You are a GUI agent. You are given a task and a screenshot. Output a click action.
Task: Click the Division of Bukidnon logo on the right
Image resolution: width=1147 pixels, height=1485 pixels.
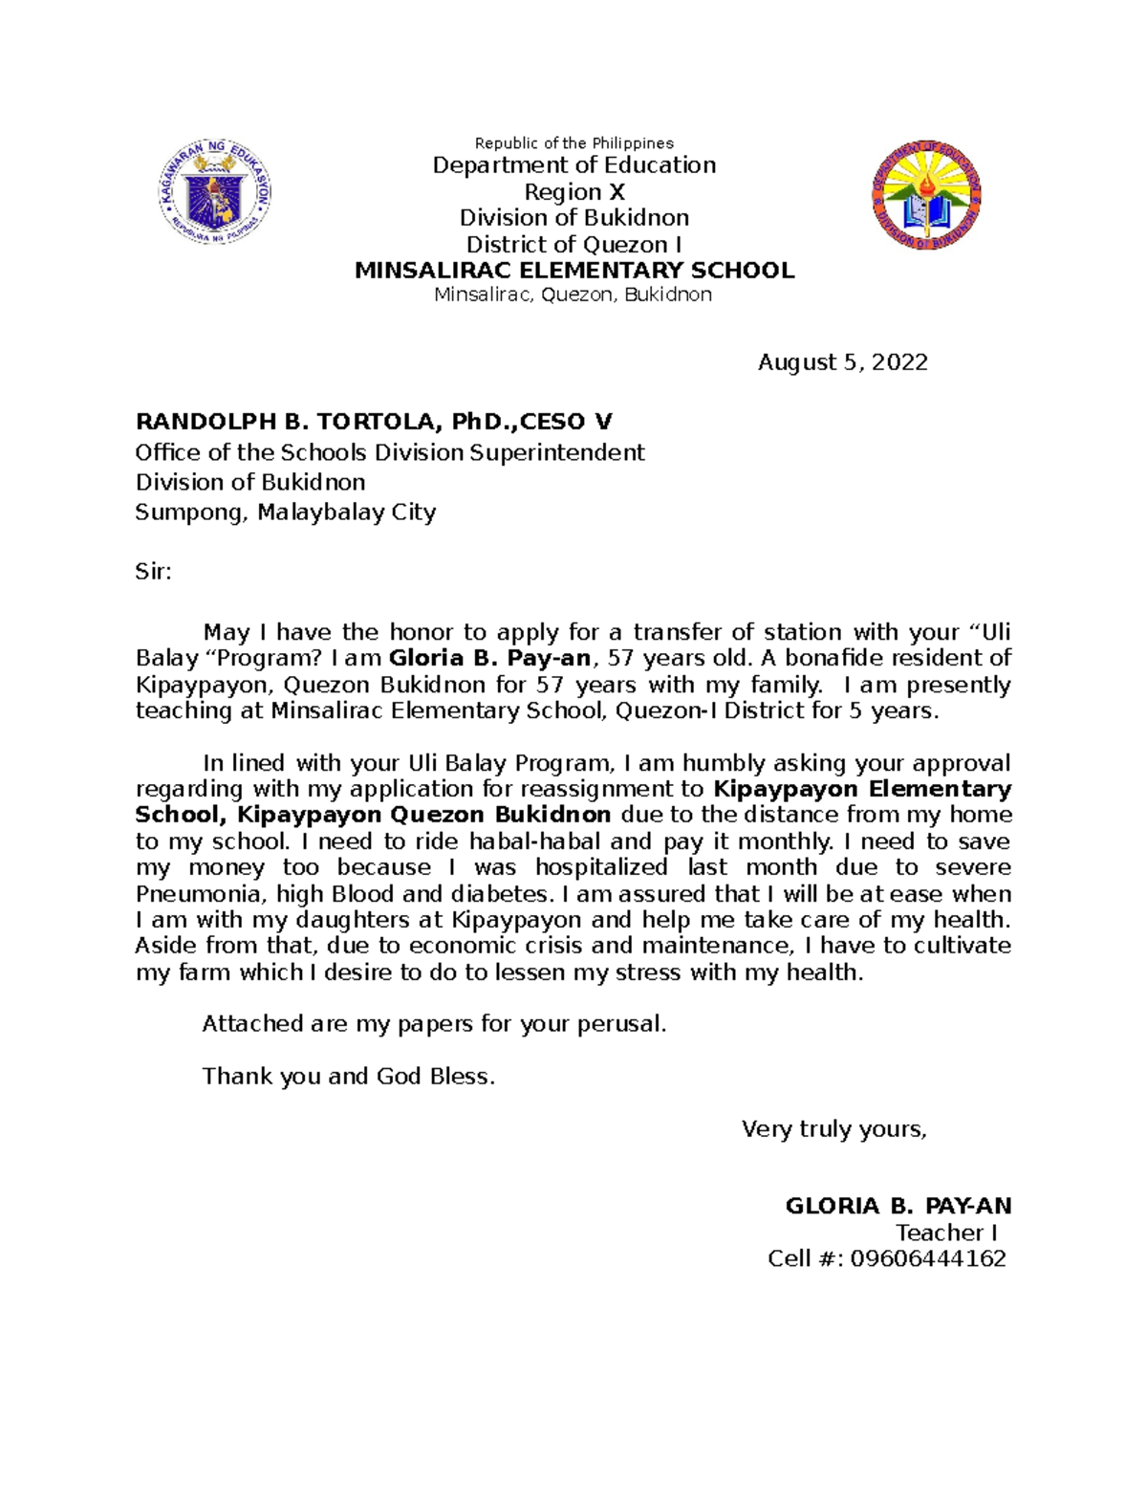[926, 195]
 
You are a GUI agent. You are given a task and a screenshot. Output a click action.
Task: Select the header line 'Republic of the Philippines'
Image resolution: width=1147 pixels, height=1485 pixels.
[573, 143]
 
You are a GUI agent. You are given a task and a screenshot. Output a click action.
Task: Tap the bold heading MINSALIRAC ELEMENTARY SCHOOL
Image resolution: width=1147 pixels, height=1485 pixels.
[573, 271]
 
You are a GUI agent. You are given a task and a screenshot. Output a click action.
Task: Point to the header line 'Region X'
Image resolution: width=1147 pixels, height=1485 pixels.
[573, 192]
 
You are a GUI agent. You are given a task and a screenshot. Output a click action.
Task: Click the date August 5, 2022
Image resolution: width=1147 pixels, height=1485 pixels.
[842, 362]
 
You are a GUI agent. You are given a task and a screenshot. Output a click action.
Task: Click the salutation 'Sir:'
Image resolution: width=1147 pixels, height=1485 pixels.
[153, 572]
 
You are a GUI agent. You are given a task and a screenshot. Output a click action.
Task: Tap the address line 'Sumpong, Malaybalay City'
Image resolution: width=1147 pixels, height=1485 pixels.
[285, 513]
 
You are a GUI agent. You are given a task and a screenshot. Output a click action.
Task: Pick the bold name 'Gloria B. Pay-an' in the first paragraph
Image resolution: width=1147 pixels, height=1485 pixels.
[489, 659]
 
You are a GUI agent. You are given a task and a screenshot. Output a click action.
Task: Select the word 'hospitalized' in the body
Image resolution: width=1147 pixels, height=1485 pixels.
[601, 868]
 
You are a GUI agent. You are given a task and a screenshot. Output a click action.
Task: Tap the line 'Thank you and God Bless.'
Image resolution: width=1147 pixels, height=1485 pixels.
[349, 1077]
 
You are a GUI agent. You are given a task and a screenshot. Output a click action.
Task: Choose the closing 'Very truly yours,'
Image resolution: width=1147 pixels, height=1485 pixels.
[833, 1129]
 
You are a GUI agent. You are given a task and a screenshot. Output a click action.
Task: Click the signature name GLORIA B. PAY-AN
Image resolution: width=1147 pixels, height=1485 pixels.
[898, 1206]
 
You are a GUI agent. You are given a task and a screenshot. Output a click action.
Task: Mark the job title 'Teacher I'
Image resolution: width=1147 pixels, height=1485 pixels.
[945, 1233]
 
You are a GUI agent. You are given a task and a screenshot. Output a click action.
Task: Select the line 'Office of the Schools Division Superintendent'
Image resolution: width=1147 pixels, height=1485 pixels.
[390, 452]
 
